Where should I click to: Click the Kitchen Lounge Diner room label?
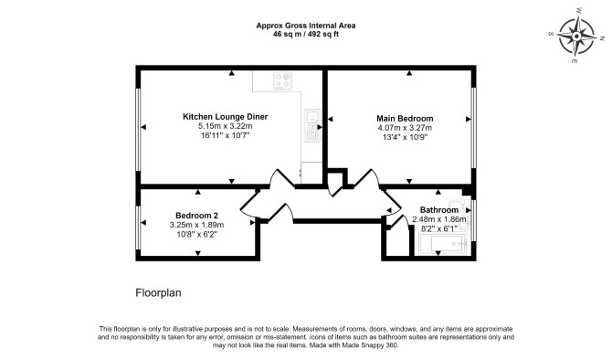tap(226, 117)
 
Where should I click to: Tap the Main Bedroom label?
tap(405, 118)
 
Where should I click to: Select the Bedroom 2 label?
tap(196, 216)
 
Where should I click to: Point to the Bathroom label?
tap(439, 210)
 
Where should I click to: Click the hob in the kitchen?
tap(282, 80)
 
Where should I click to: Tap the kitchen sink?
tap(312, 116)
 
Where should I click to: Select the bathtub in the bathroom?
tap(443, 244)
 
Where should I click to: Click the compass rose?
tap(576, 37)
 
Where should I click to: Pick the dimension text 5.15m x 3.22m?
tap(226, 126)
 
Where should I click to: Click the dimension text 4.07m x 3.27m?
tap(405, 128)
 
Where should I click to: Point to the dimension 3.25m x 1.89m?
tap(196, 225)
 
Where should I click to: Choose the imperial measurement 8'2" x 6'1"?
tap(439, 228)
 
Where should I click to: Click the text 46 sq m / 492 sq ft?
tap(306, 35)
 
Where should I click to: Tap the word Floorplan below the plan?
tap(158, 292)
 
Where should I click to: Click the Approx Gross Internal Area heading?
tap(306, 26)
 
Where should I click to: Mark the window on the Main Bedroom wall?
tap(473, 127)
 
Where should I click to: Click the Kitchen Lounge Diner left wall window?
tap(138, 129)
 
